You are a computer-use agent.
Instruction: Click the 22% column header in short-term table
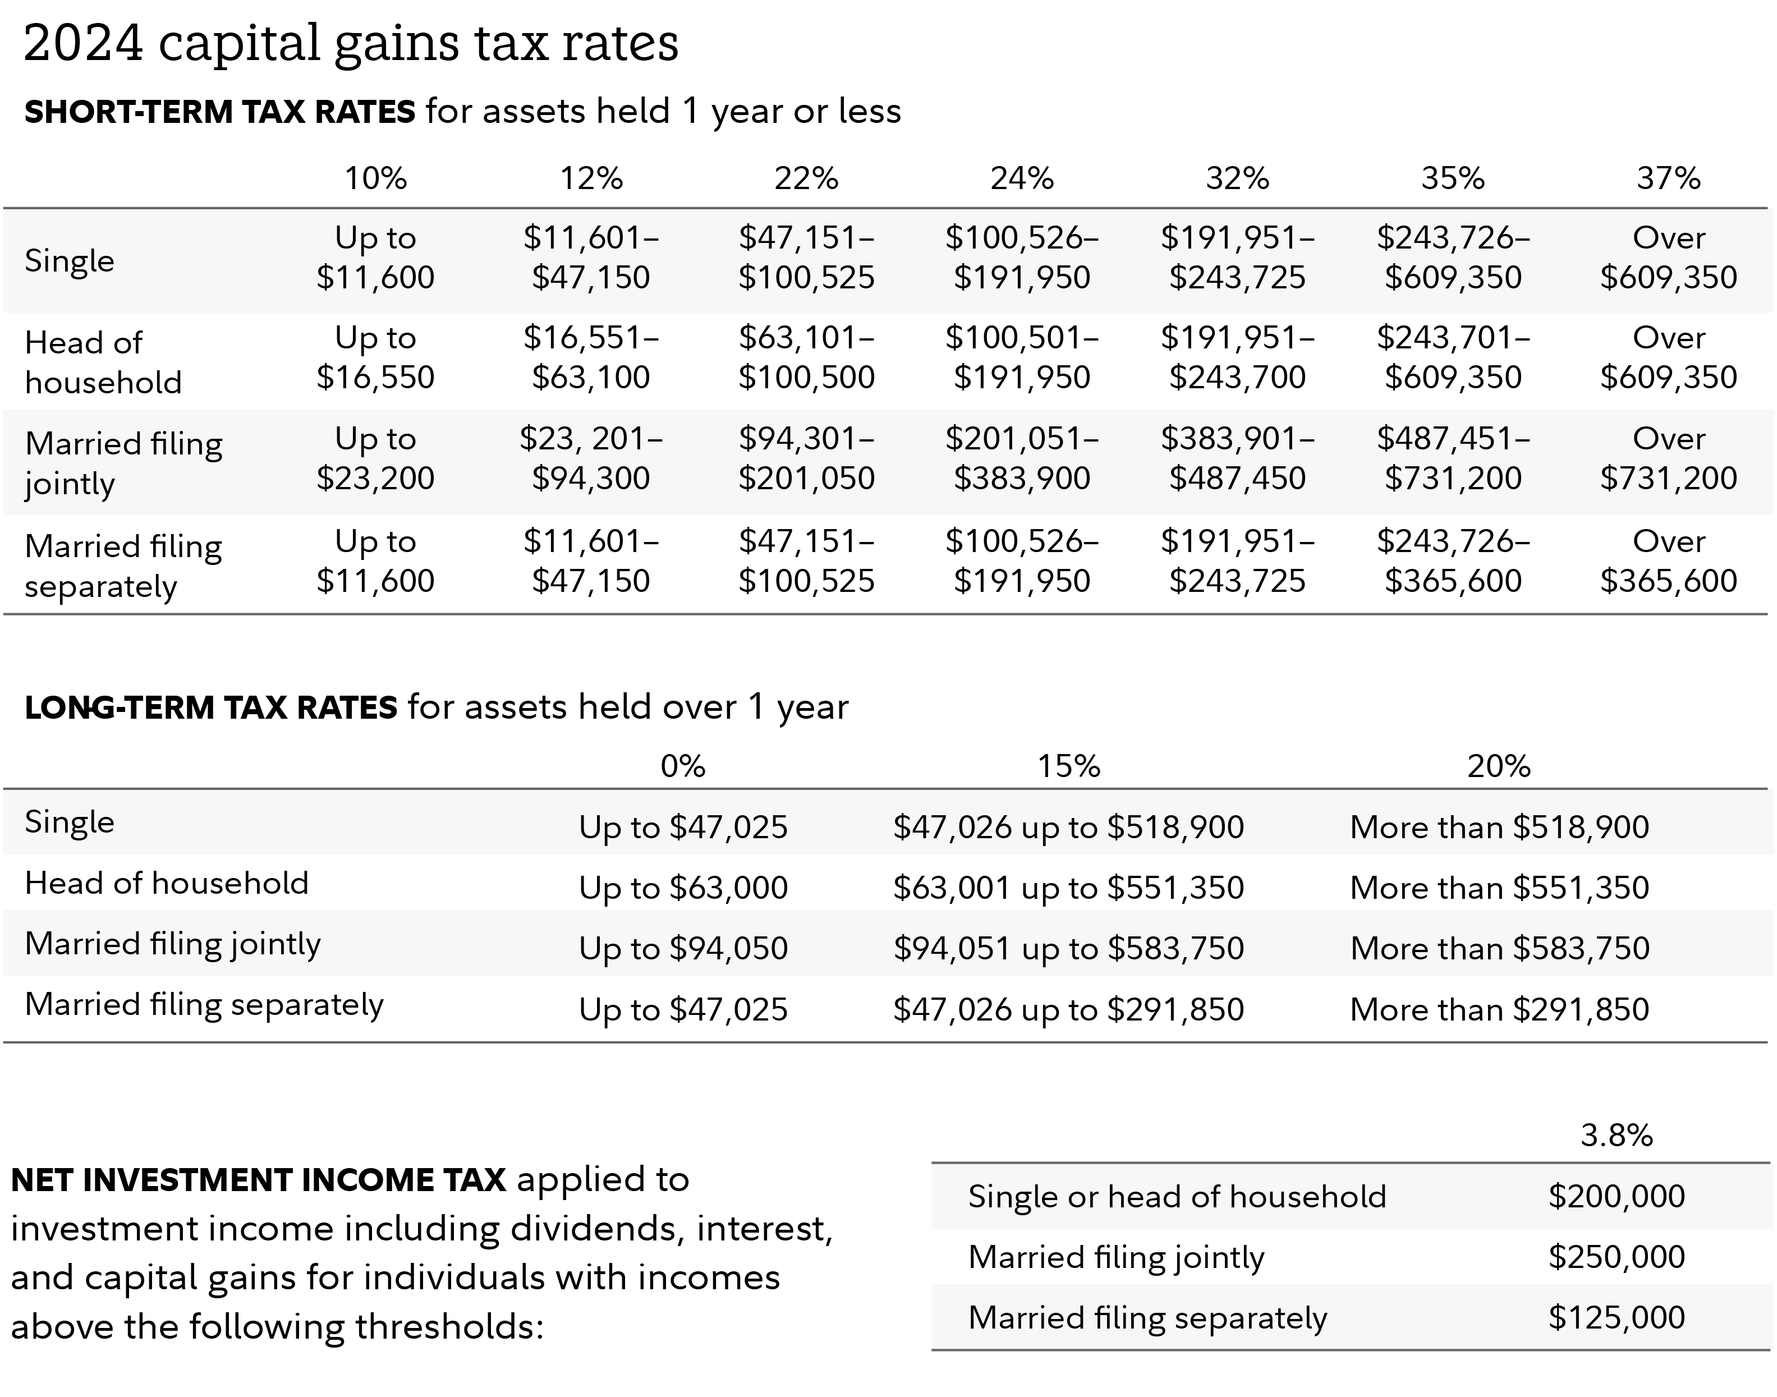tap(806, 178)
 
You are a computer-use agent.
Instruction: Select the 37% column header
tap(1668, 178)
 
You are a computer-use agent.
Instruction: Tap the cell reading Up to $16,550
tap(375, 357)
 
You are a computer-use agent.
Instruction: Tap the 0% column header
tap(683, 766)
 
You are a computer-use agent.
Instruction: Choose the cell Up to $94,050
tap(683, 948)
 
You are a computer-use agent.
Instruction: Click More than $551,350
tap(1499, 888)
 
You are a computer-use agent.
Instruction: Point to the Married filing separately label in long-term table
tap(204, 1004)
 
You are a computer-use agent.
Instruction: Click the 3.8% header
tap(1616, 1135)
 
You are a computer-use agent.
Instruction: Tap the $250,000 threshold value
tap(1616, 1256)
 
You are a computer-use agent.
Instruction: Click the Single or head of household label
tap(1177, 1197)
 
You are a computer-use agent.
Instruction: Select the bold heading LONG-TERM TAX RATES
tap(211, 707)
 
